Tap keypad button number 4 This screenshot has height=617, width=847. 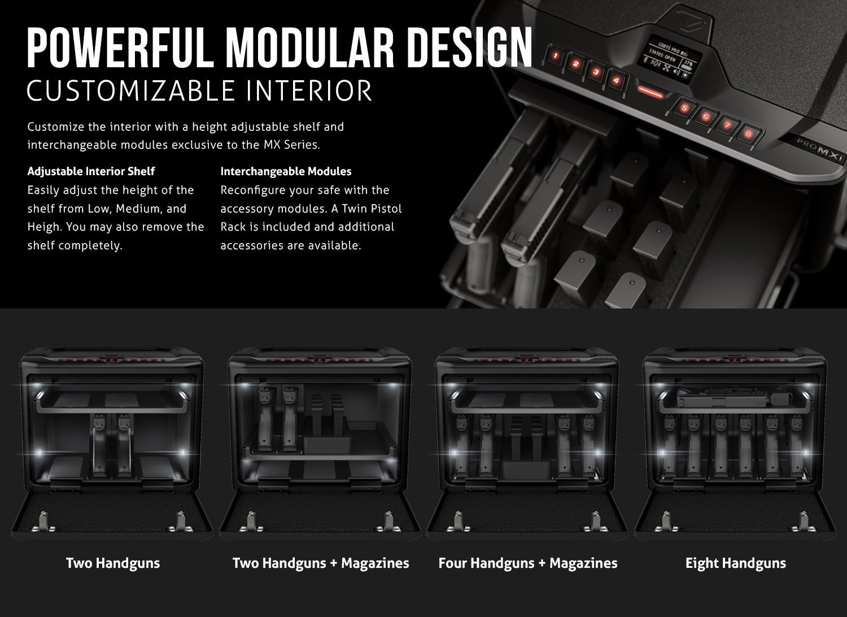pyautogui.click(x=616, y=80)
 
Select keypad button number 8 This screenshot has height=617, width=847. pyautogui.click(x=748, y=134)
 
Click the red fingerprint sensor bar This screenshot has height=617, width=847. pyautogui.click(x=650, y=92)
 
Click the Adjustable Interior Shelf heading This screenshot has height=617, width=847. pyautogui.click(x=91, y=171)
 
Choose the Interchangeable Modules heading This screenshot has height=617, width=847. pyautogui.click(x=286, y=171)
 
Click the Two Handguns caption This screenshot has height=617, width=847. pyautogui.click(x=113, y=563)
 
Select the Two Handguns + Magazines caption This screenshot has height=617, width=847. pyautogui.click(x=321, y=563)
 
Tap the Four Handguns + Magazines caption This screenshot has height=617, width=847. pyautogui.click(x=528, y=563)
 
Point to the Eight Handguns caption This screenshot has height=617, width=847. pyautogui.click(x=736, y=563)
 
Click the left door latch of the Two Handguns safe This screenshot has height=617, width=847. pyautogui.click(x=44, y=522)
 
